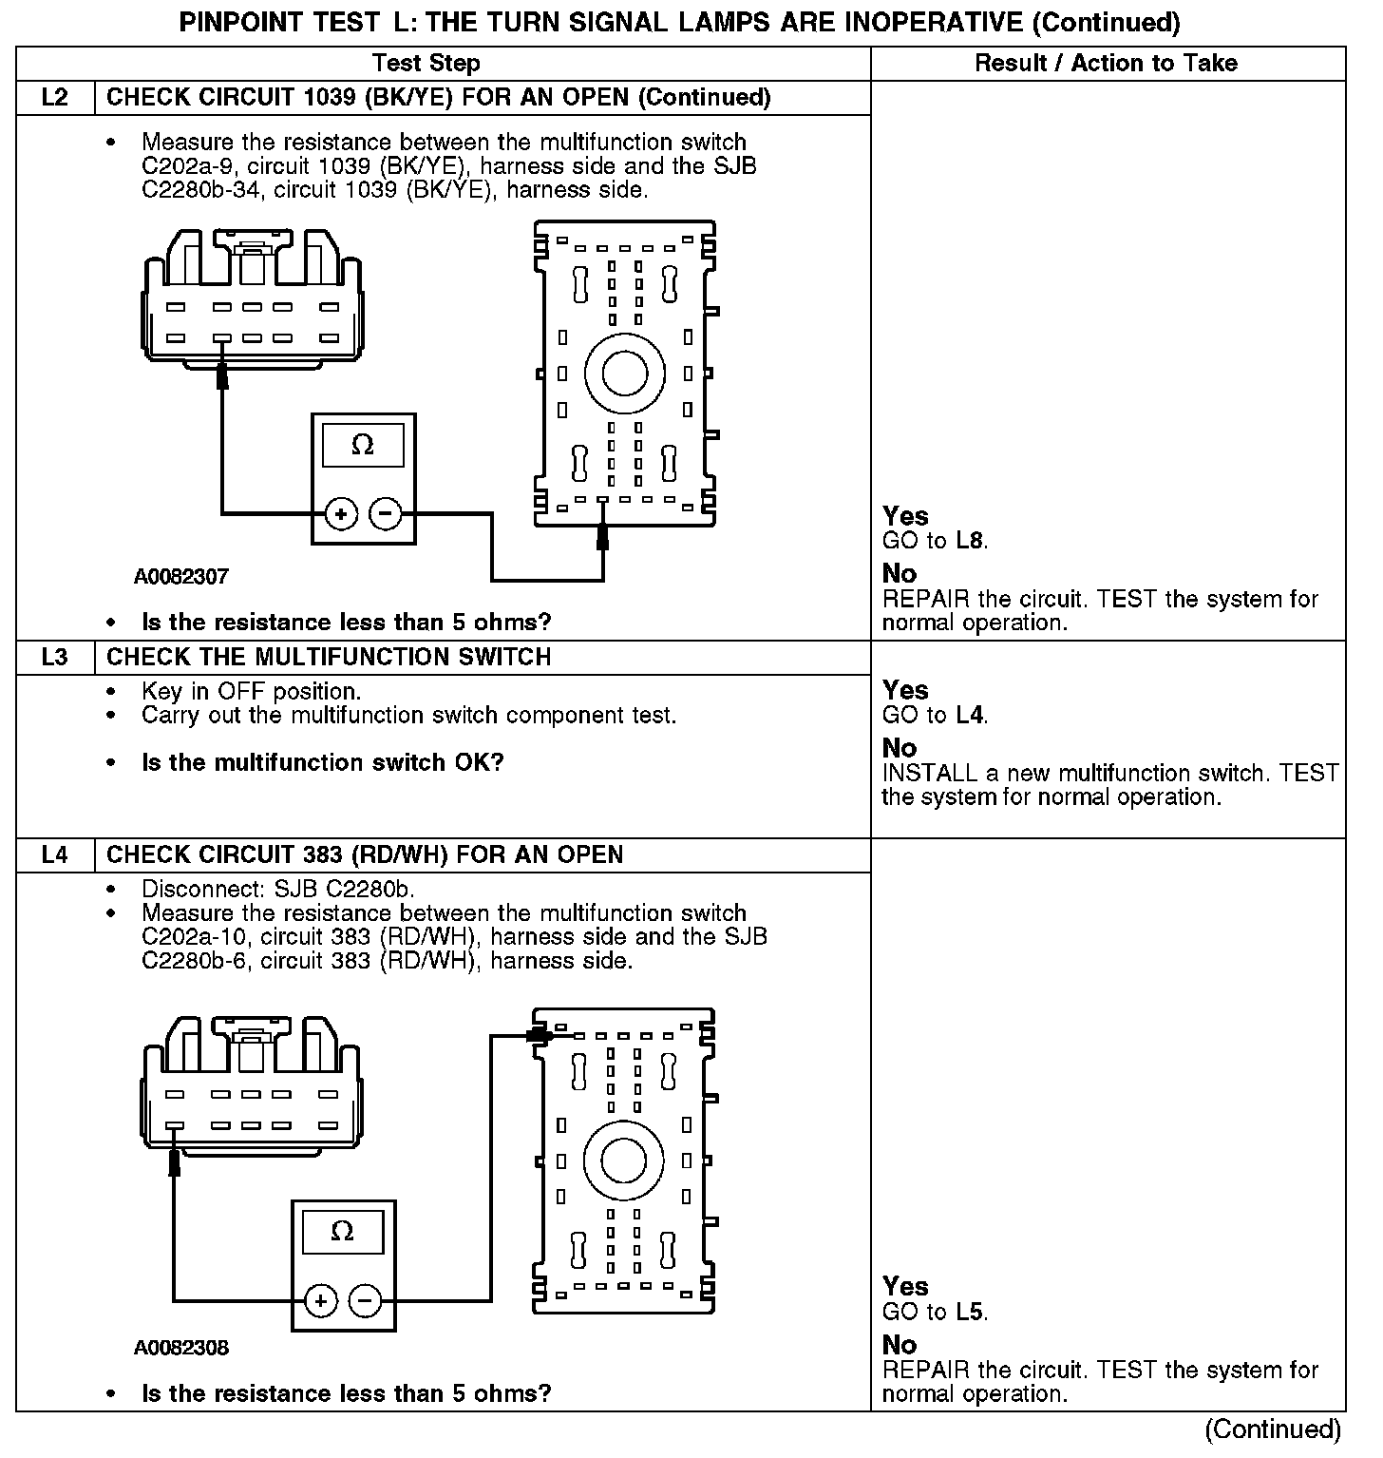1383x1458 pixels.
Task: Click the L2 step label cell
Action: pos(55,98)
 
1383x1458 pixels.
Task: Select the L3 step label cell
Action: pos(55,658)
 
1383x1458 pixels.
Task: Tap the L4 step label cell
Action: pos(55,854)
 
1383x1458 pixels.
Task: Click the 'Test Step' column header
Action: pos(426,64)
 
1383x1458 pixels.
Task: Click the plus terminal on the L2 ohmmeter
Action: pos(341,514)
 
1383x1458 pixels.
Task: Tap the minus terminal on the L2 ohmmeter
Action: pos(385,514)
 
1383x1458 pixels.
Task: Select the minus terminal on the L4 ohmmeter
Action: pos(366,1300)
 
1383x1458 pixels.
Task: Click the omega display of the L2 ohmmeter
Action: pos(363,445)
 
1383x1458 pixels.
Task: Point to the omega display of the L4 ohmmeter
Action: pos(342,1232)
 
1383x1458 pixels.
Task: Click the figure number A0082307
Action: pos(181,577)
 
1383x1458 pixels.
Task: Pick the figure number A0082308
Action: pos(181,1348)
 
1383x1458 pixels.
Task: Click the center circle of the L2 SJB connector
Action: pos(624,374)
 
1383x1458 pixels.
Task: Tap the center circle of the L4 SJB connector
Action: pos(623,1161)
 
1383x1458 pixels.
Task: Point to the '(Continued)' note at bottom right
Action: pos(1272,1429)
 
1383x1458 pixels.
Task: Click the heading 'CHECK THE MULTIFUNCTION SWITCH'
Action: pos(329,658)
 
